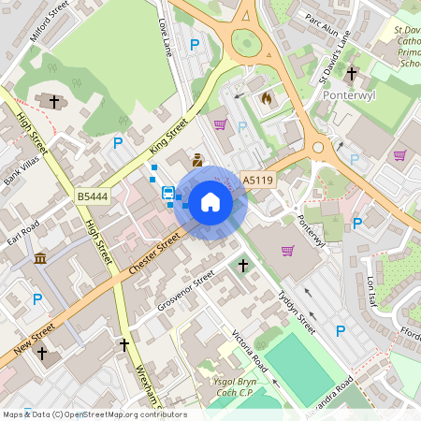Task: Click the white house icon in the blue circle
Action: pyautogui.click(x=210, y=201)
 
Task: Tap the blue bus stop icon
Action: pyautogui.click(x=168, y=193)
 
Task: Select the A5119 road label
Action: pyautogui.click(x=258, y=180)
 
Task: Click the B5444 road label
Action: pyautogui.click(x=92, y=196)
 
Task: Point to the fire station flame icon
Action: pyautogui.click(x=266, y=97)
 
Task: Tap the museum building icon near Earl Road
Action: pyautogui.click(x=41, y=257)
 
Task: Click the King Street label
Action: pyautogui.click(x=168, y=137)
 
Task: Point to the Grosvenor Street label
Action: pyautogui.click(x=186, y=294)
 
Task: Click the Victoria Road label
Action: pyautogui.click(x=250, y=350)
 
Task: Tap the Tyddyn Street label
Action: pyautogui.click(x=298, y=307)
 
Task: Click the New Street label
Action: pyautogui.click(x=36, y=342)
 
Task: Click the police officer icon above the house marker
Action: pyautogui.click(x=197, y=159)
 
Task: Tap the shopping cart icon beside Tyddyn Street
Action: pyautogui.click(x=287, y=250)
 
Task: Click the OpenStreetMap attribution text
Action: pyautogui.click(x=94, y=414)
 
